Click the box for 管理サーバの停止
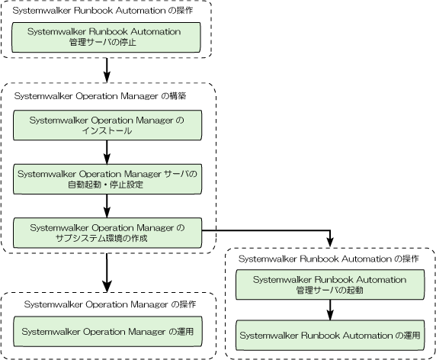click(x=106, y=37)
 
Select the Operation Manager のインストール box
click(x=107, y=125)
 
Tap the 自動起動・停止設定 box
click(x=107, y=179)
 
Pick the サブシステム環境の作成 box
click(x=107, y=233)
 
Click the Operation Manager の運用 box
click(x=108, y=331)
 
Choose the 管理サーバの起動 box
click(x=330, y=284)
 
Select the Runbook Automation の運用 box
click(x=330, y=336)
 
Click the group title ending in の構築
click(x=100, y=96)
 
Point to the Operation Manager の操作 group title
click(x=110, y=304)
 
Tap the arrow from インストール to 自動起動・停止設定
click(x=107, y=153)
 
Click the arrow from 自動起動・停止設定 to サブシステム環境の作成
click(x=107, y=206)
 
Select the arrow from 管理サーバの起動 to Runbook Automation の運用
click(x=330, y=310)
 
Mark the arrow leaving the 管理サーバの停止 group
click(x=107, y=70)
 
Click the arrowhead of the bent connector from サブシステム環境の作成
click(x=330, y=243)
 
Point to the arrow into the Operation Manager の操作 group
click(x=107, y=272)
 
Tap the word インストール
click(x=107, y=130)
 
